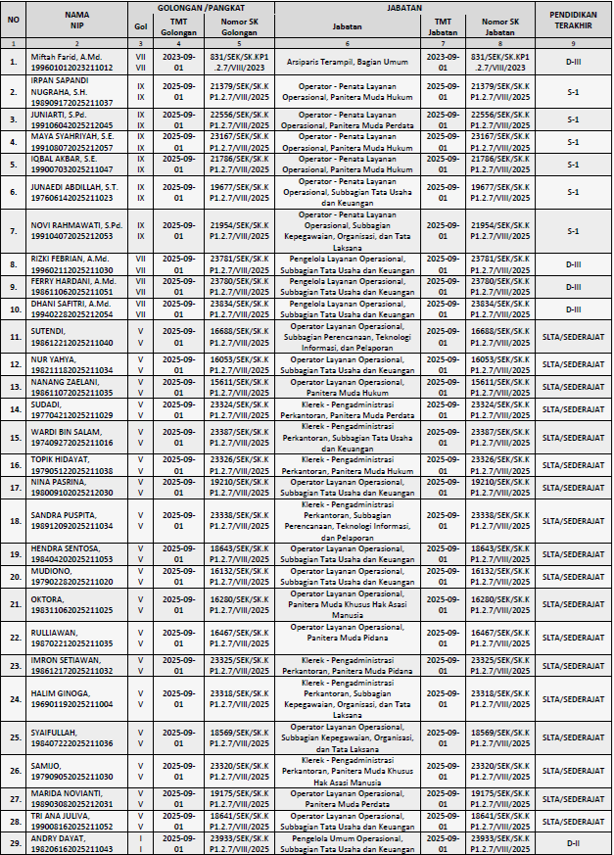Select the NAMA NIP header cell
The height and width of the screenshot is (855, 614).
pos(76,20)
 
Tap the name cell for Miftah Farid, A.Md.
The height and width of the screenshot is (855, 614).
pos(76,63)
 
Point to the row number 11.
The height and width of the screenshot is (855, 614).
pos(14,338)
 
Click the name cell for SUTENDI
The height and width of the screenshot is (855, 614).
pos(76,338)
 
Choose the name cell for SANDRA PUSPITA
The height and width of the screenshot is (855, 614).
pos(76,521)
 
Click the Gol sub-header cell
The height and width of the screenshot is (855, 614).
pos(140,25)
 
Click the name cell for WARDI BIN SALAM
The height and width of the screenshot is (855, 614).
pos(76,437)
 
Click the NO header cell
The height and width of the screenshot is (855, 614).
pos(14,20)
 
